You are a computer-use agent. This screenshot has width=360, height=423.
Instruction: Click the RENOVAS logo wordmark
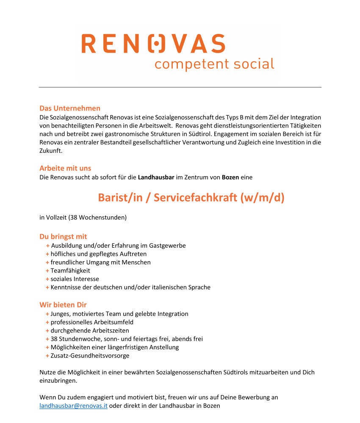click(x=153, y=44)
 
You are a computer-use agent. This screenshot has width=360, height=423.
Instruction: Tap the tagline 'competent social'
click(x=214, y=64)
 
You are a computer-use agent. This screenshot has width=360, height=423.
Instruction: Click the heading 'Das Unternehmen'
click(x=70, y=108)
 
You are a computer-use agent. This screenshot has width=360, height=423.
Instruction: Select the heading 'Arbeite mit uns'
click(x=65, y=168)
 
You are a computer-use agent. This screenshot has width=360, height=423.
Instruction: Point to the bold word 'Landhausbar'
click(x=156, y=177)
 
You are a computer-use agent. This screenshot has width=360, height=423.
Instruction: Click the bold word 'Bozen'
click(x=230, y=177)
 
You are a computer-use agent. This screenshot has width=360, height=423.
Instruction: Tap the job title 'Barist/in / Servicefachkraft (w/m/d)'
click(x=191, y=197)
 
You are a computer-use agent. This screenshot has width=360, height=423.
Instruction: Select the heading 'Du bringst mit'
click(x=63, y=236)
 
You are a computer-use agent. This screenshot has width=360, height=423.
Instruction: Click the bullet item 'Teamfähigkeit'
click(x=70, y=271)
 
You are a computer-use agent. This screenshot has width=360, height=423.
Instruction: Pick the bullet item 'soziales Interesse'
click(x=75, y=279)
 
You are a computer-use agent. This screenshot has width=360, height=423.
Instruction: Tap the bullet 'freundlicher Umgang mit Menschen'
click(x=100, y=262)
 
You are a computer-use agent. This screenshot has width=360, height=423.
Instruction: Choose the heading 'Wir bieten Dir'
click(x=63, y=304)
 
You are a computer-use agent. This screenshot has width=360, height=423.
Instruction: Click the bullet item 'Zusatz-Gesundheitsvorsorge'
click(x=90, y=356)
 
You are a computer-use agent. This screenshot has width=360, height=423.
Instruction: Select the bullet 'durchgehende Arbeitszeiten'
click(x=90, y=330)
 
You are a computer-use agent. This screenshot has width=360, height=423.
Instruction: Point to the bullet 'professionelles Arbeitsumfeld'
click(x=92, y=322)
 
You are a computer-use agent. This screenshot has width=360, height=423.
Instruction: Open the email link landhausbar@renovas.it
click(x=73, y=406)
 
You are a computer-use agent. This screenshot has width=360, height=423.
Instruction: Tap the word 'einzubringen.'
click(x=58, y=381)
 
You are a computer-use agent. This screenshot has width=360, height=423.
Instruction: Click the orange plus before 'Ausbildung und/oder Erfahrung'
click(x=48, y=246)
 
